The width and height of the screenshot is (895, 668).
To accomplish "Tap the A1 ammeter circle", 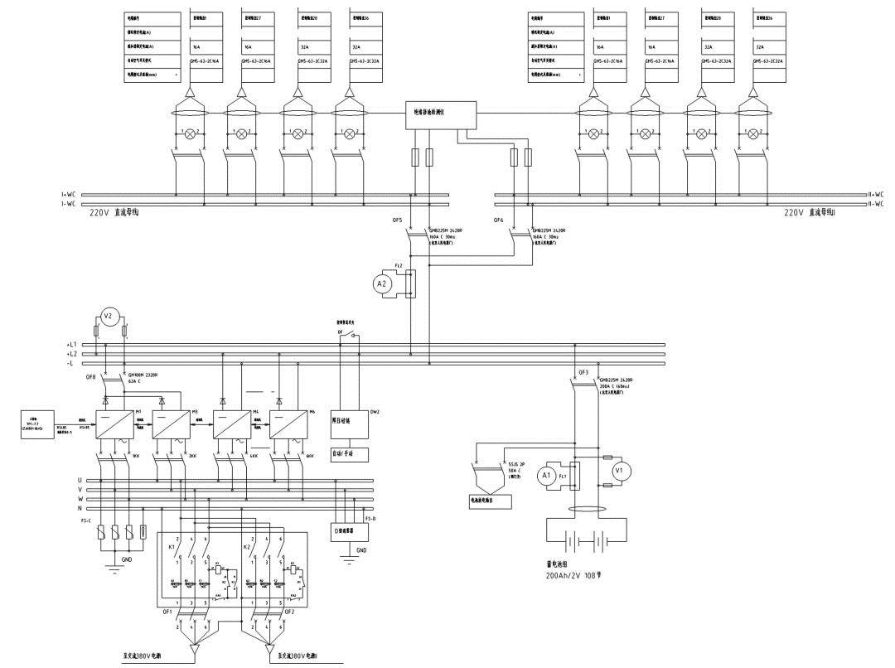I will tap(545, 476).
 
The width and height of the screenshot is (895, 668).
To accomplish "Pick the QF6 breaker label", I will tap(498, 221).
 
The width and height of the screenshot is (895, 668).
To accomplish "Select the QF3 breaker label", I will tap(583, 373).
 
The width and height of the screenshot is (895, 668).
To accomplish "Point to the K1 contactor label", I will tap(171, 548).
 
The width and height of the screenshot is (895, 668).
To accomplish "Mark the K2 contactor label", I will tap(245, 548).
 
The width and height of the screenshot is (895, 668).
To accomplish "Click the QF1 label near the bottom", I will tap(167, 612).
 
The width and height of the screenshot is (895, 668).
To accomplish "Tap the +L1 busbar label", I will tap(71, 344).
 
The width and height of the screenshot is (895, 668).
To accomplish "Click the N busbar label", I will tap(80, 509).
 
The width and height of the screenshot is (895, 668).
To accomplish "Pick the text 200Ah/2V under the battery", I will tap(564, 574).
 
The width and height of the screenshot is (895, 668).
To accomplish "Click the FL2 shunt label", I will tap(399, 266).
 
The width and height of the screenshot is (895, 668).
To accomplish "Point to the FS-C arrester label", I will tap(85, 521).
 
